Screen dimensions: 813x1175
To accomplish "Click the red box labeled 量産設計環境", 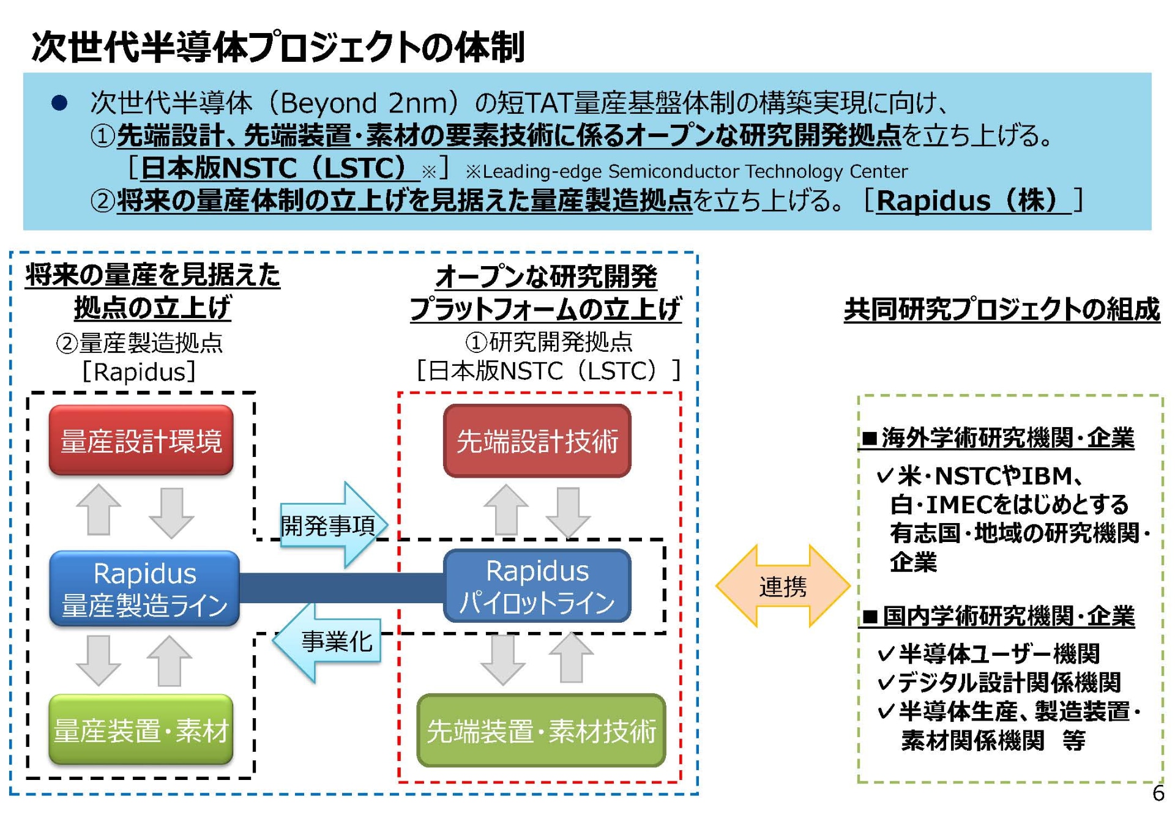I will (141, 440).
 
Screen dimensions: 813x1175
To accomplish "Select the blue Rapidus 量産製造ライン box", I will (144, 588).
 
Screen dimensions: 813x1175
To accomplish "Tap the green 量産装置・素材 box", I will (141, 730).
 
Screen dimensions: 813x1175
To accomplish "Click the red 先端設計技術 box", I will (537, 440).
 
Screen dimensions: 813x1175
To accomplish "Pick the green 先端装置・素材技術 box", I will (541, 730).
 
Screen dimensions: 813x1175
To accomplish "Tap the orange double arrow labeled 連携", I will (783, 586).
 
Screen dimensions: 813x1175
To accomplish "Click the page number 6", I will (1157, 793).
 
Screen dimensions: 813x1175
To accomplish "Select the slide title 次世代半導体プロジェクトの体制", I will (278, 47).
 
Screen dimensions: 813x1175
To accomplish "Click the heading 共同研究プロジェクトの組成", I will (1001, 309).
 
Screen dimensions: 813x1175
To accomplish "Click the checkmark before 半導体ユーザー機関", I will (886, 655).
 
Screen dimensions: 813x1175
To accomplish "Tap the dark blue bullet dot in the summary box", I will (59, 103).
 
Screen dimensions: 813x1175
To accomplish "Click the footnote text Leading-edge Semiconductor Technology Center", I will (694, 171).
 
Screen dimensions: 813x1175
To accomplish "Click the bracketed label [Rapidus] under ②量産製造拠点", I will (139, 371).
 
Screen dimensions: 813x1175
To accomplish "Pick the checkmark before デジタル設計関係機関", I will (886, 682).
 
